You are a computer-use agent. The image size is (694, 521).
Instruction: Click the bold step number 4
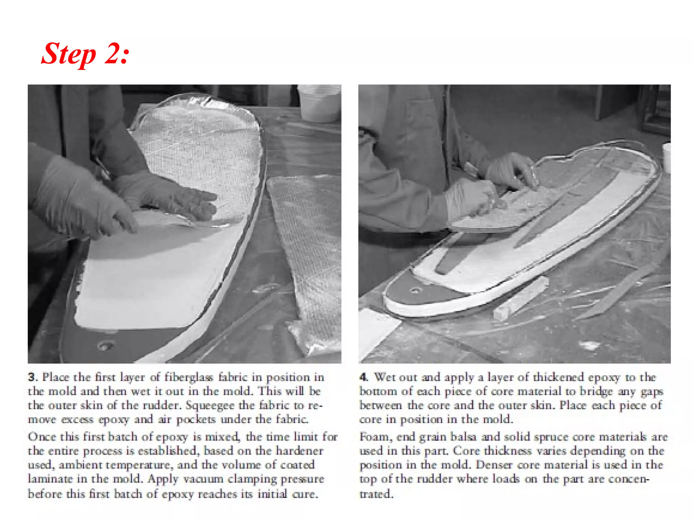pyautogui.click(x=364, y=377)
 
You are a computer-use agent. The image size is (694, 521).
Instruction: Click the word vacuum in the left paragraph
pyautogui.click(x=203, y=479)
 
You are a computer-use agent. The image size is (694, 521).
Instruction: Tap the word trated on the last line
pyautogui.click(x=376, y=494)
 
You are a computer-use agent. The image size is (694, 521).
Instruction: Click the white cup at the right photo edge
pyautogui.click(x=667, y=158)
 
